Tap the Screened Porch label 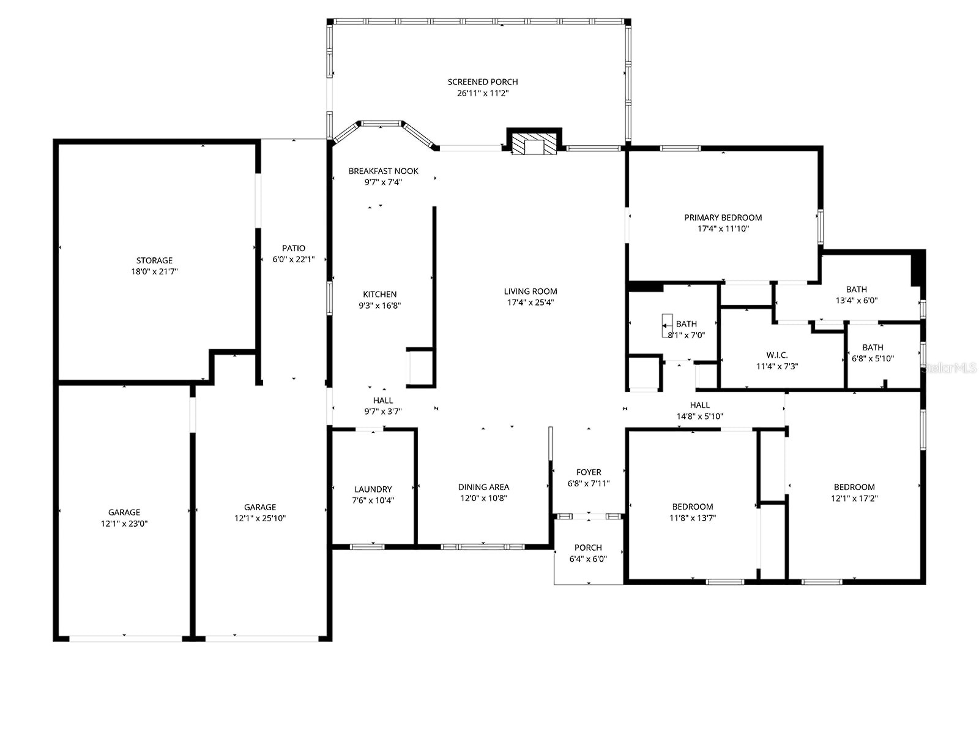[x=483, y=82]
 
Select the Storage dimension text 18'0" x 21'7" [x=154, y=271]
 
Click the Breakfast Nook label [x=384, y=171]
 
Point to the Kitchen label [x=379, y=295]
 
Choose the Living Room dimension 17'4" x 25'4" [x=530, y=303]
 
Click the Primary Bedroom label [x=723, y=217]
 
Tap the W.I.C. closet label [x=777, y=355]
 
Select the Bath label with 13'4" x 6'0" [x=856, y=290]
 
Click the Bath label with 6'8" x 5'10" [x=873, y=347]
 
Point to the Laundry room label [x=373, y=489]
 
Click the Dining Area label [x=483, y=488]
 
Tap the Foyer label [x=589, y=472]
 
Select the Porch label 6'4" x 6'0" [x=588, y=548]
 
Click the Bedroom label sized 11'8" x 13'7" [x=693, y=507]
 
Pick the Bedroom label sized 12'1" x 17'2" [x=854, y=488]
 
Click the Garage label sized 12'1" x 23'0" [x=124, y=513]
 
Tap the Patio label [x=294, y=248]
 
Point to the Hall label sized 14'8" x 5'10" [x=700, y=405]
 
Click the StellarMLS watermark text [x=950, y=368]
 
